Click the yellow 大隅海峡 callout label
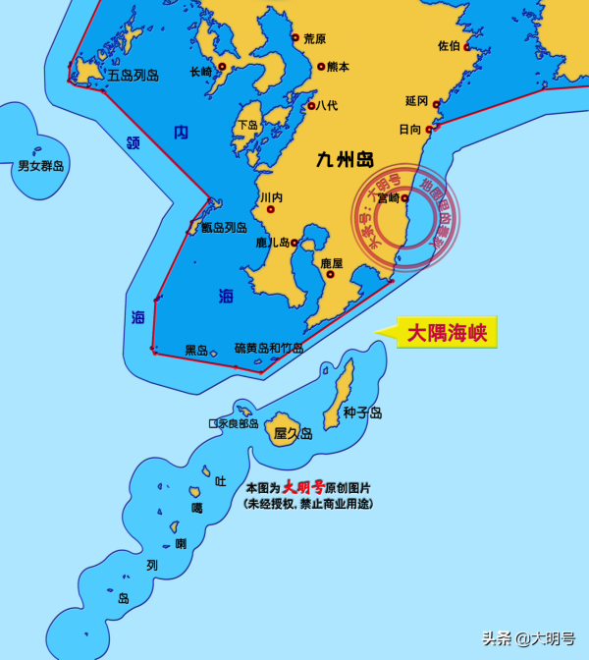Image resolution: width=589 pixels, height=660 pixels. [447, 332]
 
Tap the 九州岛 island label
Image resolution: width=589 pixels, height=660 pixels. [345, 159]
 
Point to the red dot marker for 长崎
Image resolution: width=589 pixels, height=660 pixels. [223, 67]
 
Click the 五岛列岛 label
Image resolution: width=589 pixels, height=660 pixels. [134, 75]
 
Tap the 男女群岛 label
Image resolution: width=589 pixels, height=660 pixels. [41, 166]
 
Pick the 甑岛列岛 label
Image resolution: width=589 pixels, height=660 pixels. [224, 228]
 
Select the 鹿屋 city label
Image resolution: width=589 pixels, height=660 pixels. [332, 263]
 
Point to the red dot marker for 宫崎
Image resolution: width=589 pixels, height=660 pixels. [404, 197]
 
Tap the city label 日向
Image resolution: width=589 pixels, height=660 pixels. [409, 129]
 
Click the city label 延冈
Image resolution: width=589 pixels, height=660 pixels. [416, 101]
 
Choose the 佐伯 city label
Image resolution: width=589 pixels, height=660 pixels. [448, 45]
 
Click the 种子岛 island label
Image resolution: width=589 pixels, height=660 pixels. [362, 412]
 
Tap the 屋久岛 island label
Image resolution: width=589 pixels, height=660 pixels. [293, 433]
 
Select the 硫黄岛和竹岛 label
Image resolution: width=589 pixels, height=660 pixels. [269, 348]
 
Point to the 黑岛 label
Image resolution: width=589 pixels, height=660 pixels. [196, 350]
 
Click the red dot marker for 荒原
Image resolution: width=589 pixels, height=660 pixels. [294, 38]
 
